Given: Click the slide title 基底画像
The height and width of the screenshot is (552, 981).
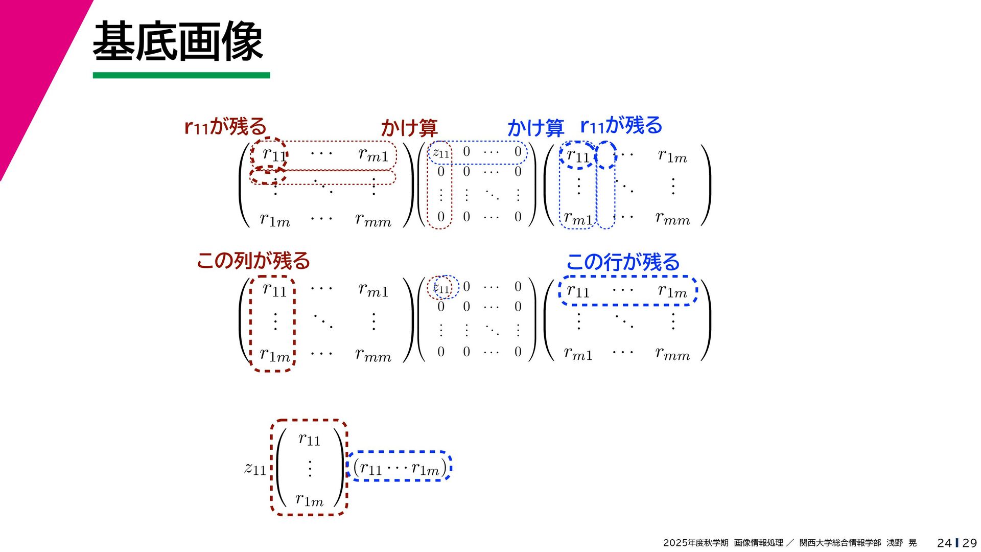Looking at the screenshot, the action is (177, 42).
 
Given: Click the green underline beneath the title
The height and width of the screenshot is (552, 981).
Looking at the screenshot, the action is (181, 76).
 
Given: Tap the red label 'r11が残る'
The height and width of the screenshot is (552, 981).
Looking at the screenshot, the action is (225, 126).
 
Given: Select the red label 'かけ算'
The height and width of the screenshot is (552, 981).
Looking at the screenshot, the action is (409, 127).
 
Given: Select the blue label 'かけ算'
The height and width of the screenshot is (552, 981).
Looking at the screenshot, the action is (535, 127).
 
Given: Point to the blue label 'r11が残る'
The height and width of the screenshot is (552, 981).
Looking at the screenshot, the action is (621, 125).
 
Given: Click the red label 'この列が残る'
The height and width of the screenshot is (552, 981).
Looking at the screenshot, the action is (253, 261).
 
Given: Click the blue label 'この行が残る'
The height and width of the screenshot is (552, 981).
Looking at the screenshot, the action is (623, 262).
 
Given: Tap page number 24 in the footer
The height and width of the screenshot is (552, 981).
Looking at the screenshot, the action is (944, 543).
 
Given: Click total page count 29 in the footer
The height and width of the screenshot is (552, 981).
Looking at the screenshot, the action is (969, 543).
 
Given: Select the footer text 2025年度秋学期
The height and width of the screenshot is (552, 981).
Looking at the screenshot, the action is (695, 543).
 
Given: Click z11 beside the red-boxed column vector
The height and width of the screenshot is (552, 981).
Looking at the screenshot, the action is (255, 468).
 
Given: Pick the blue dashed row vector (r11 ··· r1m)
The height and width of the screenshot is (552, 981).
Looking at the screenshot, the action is (400, 467).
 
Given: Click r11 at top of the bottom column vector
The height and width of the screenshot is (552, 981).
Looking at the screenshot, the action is (309, 439).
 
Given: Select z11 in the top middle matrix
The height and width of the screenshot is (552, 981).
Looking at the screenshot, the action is (440, 153).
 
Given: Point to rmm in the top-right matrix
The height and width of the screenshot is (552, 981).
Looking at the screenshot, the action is (672, 219).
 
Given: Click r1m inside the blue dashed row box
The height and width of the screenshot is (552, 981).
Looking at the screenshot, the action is (672, 291).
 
